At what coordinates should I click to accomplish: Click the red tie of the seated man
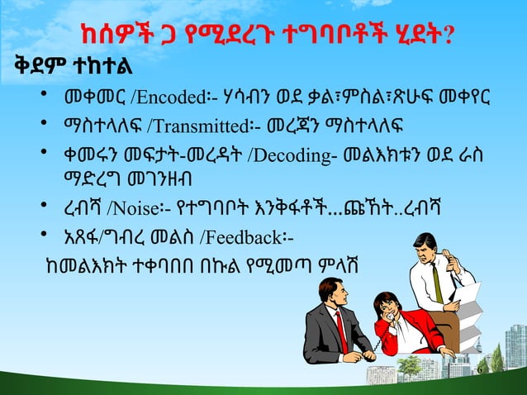340,331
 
